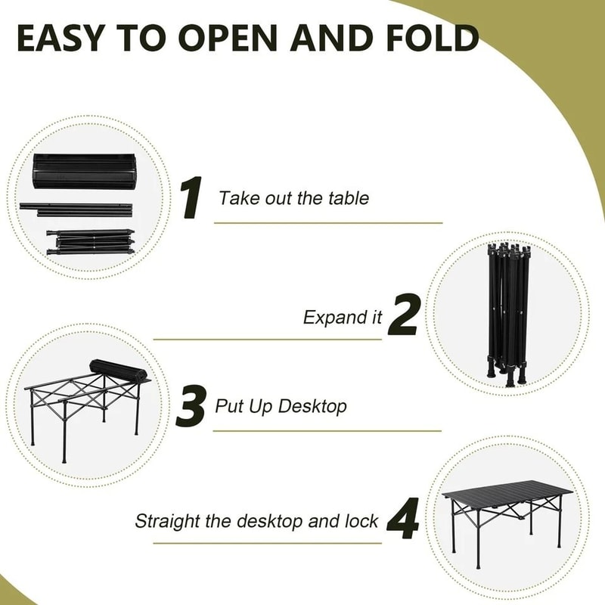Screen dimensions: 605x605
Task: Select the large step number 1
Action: pyautogui.click(x=191, y=198)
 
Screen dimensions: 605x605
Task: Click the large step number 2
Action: pyautogui.click(x=403, y=316)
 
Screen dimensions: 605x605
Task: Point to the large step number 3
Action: pyautogui.click(x=191, y=406)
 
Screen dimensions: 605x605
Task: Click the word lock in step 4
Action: pyautogui.click(x=363, y=521)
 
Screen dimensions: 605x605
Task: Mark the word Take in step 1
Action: pyautogui.click(x=234, y=198)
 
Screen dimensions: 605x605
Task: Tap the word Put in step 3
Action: pyautogui.click(x=229, y=406)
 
